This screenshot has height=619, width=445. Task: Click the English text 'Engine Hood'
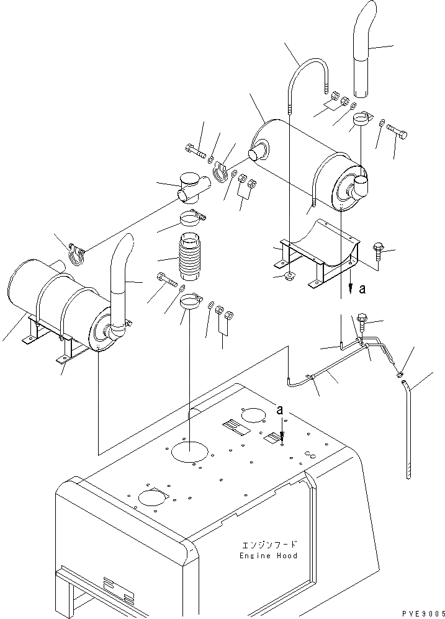(268, 556)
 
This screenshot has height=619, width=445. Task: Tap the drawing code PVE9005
(423, 613)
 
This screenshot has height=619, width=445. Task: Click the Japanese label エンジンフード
(269, 545)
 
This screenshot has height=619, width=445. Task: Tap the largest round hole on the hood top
(189, 451)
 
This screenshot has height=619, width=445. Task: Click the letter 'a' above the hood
(280, 411)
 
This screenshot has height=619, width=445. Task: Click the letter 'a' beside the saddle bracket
(362, 289)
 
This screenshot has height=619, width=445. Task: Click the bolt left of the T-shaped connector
(196, 150)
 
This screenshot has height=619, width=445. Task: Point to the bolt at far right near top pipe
(397, 132)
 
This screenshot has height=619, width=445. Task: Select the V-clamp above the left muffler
(76, 254)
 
